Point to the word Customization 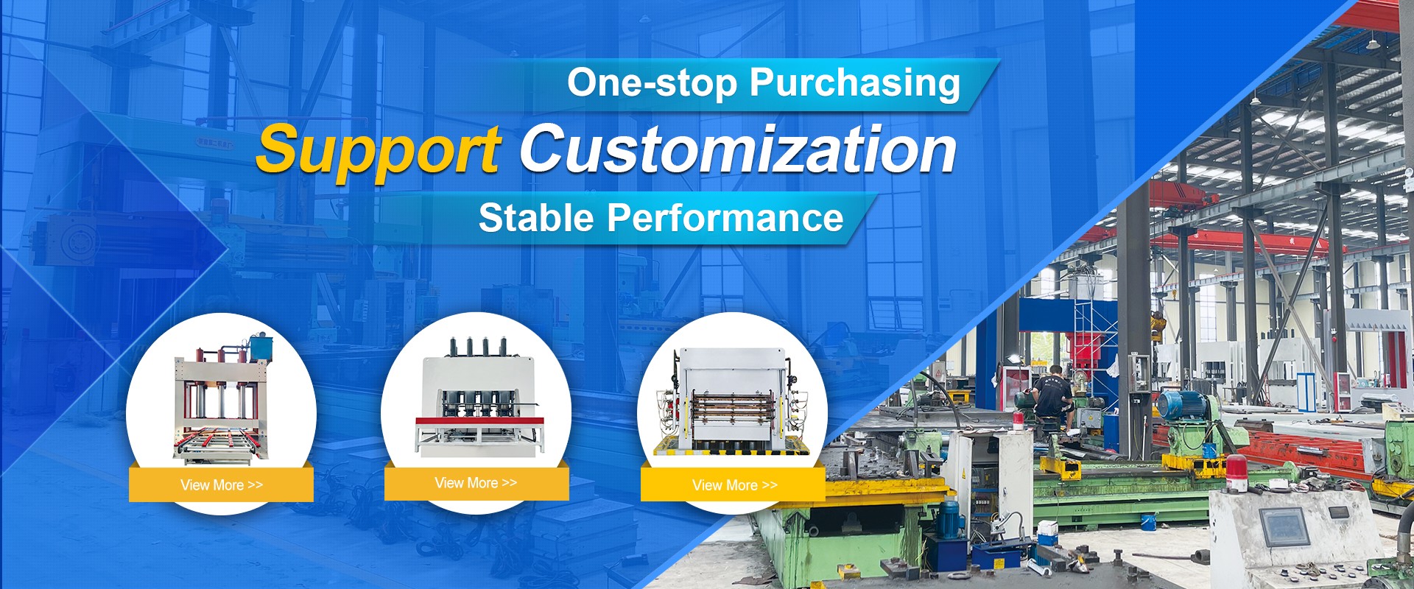[738, 149]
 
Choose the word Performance [725, 218]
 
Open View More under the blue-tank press [221, 485]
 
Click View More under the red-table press [476, 483]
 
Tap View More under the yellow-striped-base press [734, 485]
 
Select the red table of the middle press [479, 422]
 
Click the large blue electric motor [1181, 406]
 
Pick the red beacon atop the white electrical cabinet [1019, 421]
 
